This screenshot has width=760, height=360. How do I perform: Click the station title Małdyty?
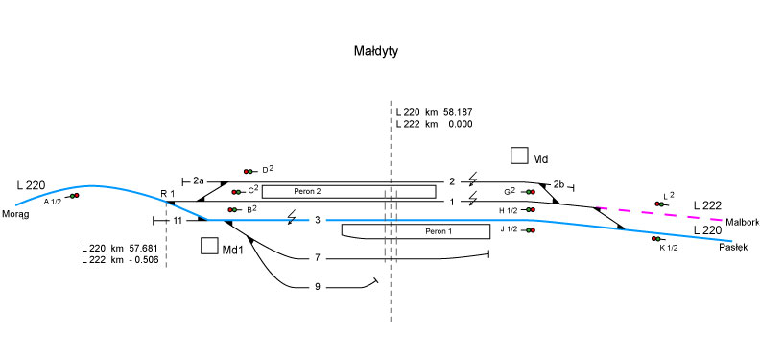coord(376,51)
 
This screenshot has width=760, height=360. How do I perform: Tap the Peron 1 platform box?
coord(416,231)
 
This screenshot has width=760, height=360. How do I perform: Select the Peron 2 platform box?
coord(349,192)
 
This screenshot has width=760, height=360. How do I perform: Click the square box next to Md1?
coord(209,246)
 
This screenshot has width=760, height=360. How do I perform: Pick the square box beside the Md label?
coord(519,156)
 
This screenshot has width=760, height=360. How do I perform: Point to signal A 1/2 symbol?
coord(73,196)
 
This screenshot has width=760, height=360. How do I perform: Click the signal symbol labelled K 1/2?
coord(656,239)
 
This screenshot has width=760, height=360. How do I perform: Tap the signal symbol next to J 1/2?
coord(530,230)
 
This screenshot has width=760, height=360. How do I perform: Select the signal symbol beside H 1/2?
coord(530,209)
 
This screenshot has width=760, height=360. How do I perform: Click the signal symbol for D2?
coord(250,171)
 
